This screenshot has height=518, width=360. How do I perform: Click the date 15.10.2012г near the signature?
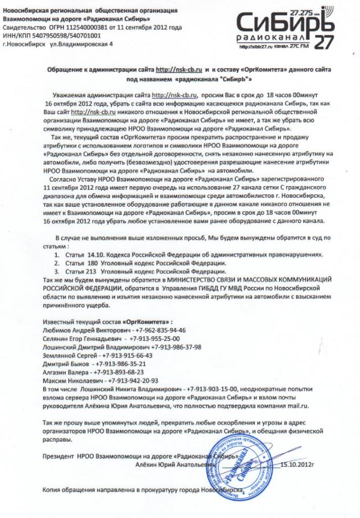298,462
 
